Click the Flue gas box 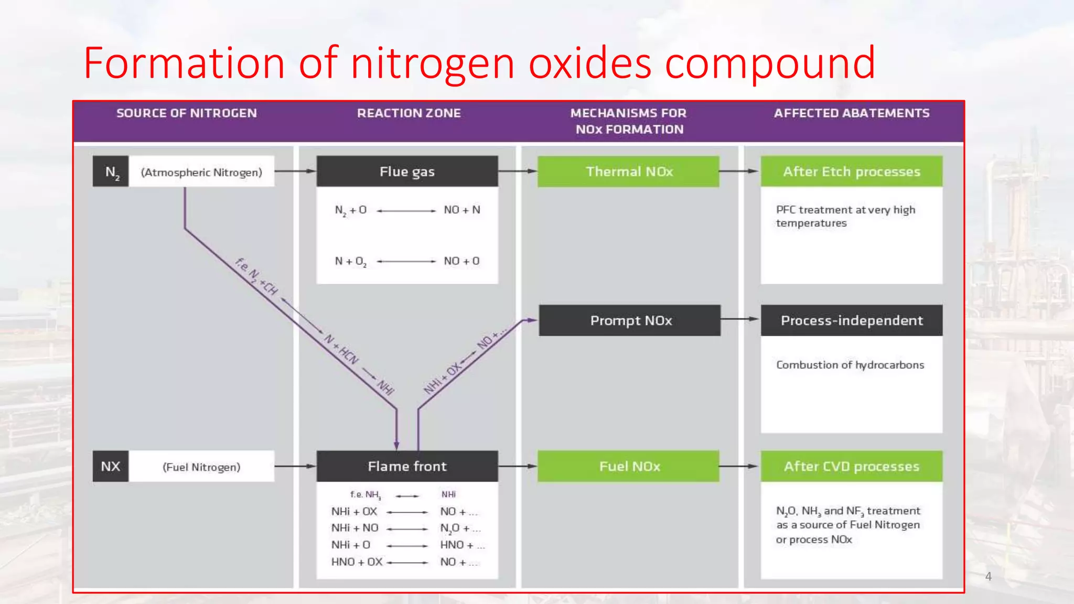407,171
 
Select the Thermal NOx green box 628,171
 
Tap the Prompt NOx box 630,320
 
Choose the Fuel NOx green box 628,466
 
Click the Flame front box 407,466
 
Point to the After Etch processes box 851,171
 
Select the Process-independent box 851,320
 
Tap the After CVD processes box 851,466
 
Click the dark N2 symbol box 111,171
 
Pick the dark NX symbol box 111,466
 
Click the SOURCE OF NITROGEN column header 186,113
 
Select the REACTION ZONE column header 409,113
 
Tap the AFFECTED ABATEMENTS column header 851,113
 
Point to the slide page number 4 988,576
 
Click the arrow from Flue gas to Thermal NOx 518,171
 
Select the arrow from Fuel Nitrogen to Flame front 295,466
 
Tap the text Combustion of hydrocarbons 850,365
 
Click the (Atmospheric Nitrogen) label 201,172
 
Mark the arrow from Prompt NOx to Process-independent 740,319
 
